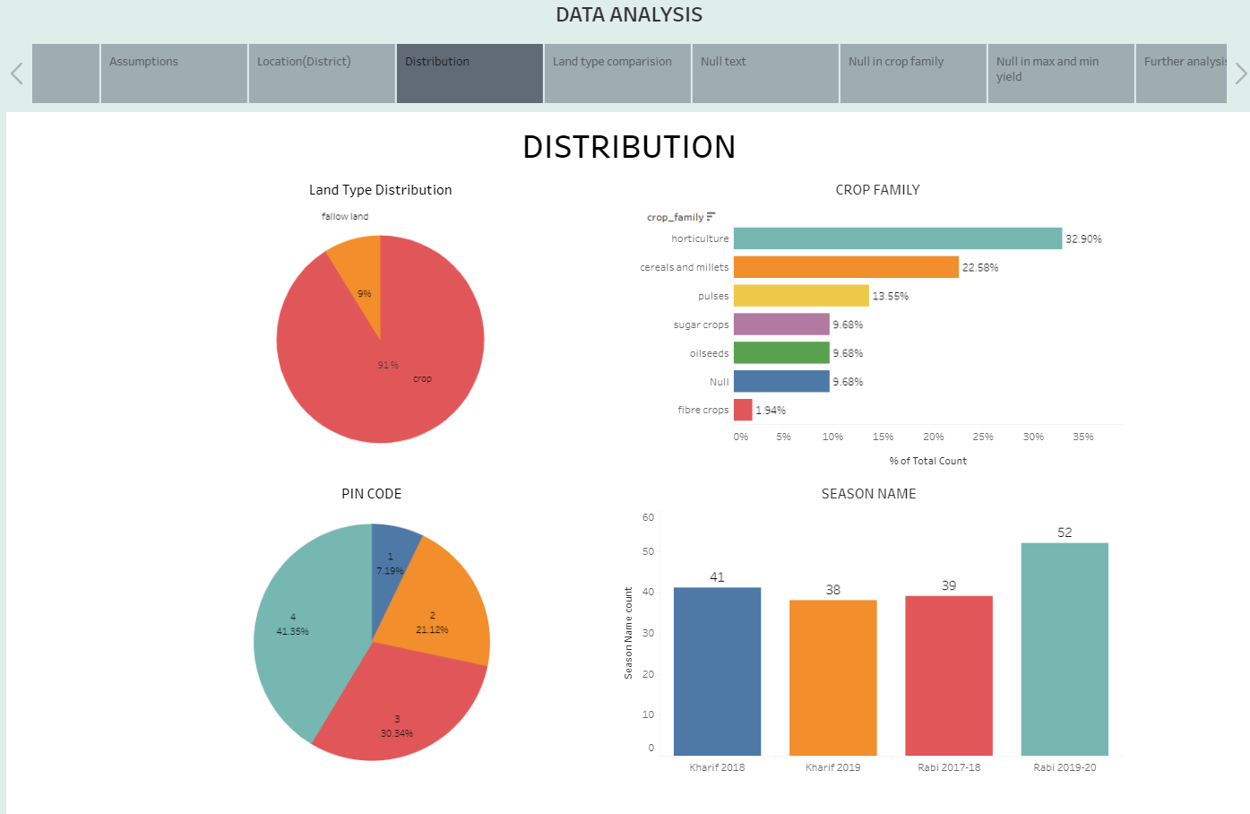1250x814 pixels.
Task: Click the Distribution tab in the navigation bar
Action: pyautogui.click(x=469, y=73)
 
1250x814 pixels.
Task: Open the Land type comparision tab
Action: pyautogui.click(x=616, y=73)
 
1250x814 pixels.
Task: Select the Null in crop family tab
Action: pyautogui.click(x=912, y=73)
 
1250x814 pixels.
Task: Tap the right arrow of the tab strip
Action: pyautogui.click(x=1240, y=74)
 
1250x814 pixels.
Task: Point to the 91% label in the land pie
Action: pyautogui.click(x=388, y=366)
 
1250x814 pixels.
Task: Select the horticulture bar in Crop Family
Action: pyautogui.click(x=897, y=238)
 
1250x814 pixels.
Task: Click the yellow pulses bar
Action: pyautogui.click(x=800, y=296)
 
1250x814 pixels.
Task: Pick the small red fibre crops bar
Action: pyautogui.click(x=743, y=410)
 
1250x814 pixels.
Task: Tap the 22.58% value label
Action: pyautogui.click(x=979, y=268)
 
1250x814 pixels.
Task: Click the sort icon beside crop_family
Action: pyautogui.click(x=711, y=217)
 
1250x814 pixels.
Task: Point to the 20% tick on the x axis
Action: pyautogui.click(x=933, y=437)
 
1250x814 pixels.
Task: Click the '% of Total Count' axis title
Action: pyautogui.click(x=927, y=461)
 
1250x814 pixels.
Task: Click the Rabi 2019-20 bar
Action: pyautogui.click(x=1064, y=649)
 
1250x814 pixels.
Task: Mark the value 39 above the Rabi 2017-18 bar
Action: pyautogui.click(x=948, y=586)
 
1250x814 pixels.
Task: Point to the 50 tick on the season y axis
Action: pyautogui.click(x=648, y=551)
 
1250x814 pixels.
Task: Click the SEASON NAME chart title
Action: pyautogui.click(x=868, y=494)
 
